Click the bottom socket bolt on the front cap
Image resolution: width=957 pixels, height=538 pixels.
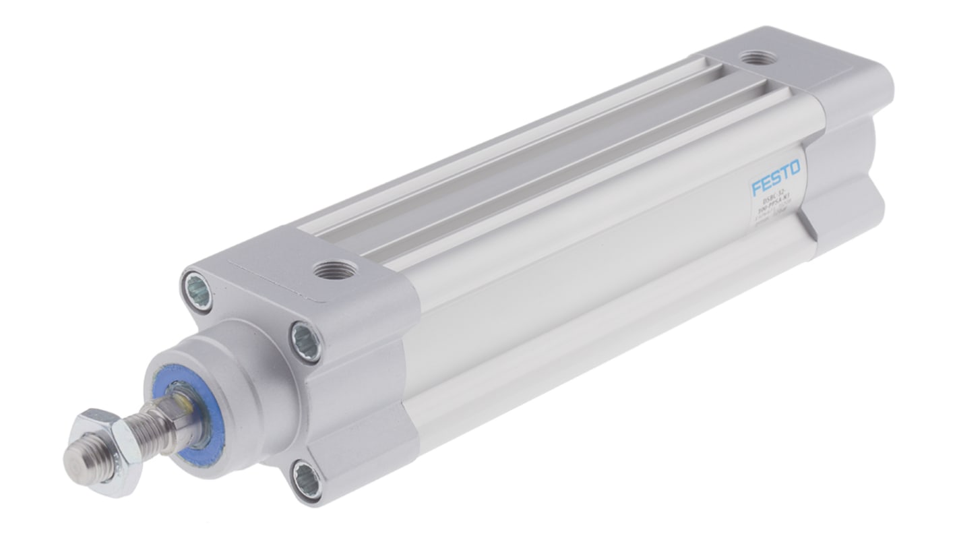tap(307, 480)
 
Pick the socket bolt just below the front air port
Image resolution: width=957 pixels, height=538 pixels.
tap(306, 341)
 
